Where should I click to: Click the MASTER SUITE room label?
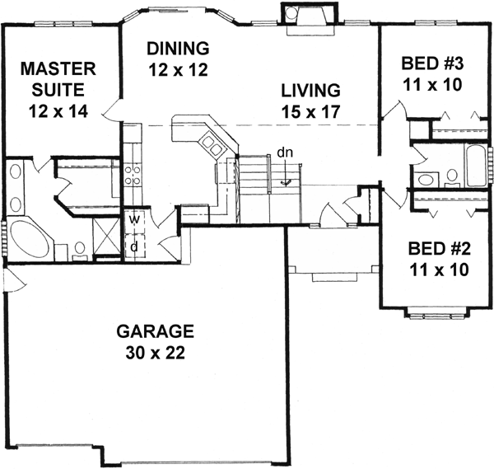point(58,67)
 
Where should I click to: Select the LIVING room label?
point(309,89)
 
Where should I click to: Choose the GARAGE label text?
point(155,332)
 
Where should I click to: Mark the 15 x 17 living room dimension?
point(309,109)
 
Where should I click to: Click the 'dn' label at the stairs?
point(283,152)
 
